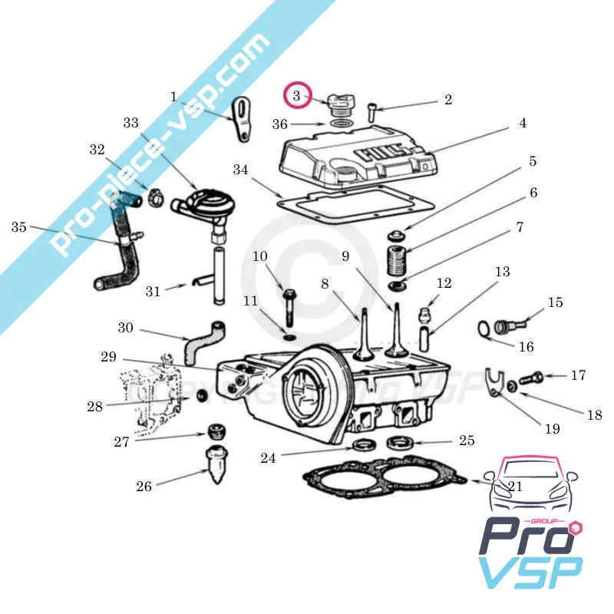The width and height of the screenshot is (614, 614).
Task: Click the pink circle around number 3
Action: click(298, 97)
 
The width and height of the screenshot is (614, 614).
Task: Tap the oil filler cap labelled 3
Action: click(338, 104)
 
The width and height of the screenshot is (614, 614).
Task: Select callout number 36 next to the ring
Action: click(280, 123)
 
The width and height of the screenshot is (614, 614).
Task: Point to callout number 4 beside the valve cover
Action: click(522, 123)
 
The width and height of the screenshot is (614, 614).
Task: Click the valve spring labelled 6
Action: click(398, 262)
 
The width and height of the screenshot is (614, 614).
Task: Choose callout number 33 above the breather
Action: click(130, 123)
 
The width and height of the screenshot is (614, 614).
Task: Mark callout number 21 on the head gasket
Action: click(514, 487)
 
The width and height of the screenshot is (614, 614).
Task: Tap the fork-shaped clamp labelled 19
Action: click(496, 381)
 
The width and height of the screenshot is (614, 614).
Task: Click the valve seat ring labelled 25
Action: click(400, 442)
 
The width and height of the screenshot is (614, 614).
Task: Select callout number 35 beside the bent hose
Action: click(19, 227)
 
